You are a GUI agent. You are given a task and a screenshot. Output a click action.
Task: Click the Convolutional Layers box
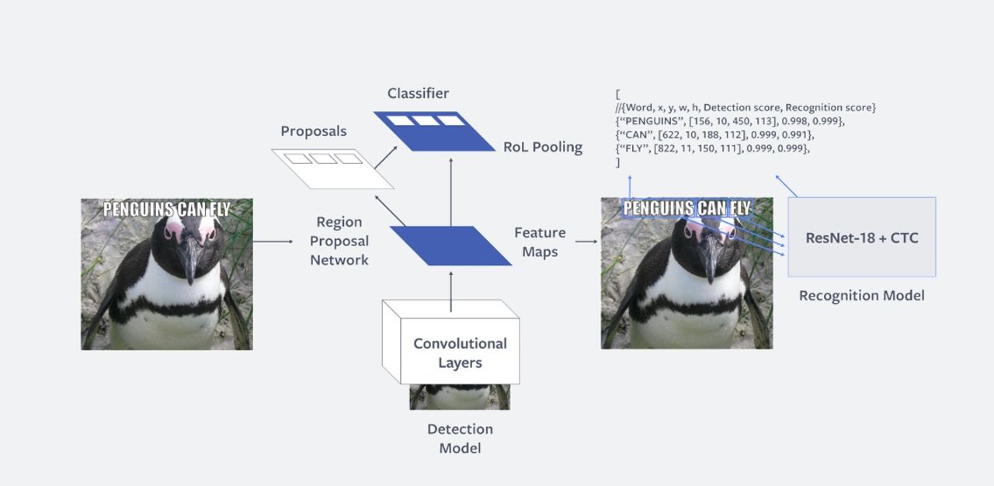pyautogui.click(x=460, y=353)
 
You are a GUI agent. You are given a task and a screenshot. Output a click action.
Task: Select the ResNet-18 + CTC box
pyautogui.click(x=861, y=238)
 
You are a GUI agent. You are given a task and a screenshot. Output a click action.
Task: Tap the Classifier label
pyautogui.click(x=418, y=93)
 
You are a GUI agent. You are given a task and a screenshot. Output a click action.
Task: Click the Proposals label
pyautogui.click(x=314, y=131)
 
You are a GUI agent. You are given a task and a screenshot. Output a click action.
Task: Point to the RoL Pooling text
pyautogui.click(x=543, y=147)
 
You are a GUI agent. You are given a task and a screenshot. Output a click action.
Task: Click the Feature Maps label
pyautogui.click(x=540, y=242)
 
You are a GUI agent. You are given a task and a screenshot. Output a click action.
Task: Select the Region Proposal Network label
pyautogui.click(x=339, y=241)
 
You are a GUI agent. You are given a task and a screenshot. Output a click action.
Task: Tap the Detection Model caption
pyautogui.click(x=460, y=439)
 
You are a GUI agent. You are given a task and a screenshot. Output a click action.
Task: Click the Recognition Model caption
pyautogui.click(x=861, y=296)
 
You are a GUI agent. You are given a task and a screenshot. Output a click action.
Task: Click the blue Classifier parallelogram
pyautogui.click(x=433, y=131)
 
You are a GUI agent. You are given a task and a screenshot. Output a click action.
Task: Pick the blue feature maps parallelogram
pyautogui.click(x=450, y=245)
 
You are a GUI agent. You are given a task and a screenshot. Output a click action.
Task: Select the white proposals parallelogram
pyautogui.click(x=332, y=168)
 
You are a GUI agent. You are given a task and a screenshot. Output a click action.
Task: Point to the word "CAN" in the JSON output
pyautogui.click(x=637, y=134)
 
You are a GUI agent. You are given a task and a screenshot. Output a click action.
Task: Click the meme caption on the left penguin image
pyautogui.click(x=167, y=208)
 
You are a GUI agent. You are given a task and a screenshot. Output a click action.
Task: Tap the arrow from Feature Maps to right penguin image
pyautogui.click(x=586, y=241)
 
